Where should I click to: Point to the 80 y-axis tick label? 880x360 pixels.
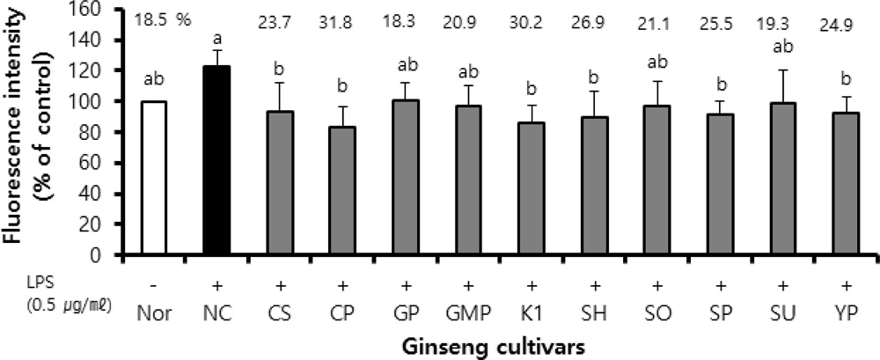[x=113, y=132]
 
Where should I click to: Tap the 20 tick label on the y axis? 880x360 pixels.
[x=113, y=224]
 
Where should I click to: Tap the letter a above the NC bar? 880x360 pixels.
[x=216, y=39]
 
